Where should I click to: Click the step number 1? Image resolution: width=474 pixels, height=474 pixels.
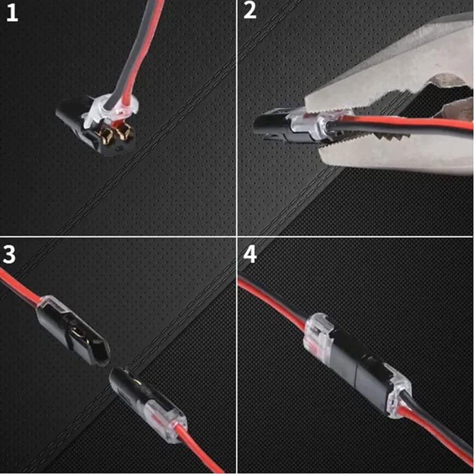pyautogui.click(x=12, y=12)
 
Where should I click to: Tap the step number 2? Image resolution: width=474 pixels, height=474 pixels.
pyautogui.click(x=251, y=11)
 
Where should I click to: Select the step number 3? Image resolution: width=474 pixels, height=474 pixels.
pyautogui.click(x=10, y=254)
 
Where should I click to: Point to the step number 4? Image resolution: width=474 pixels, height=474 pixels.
pyautogui.click(x=251, y=254)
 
